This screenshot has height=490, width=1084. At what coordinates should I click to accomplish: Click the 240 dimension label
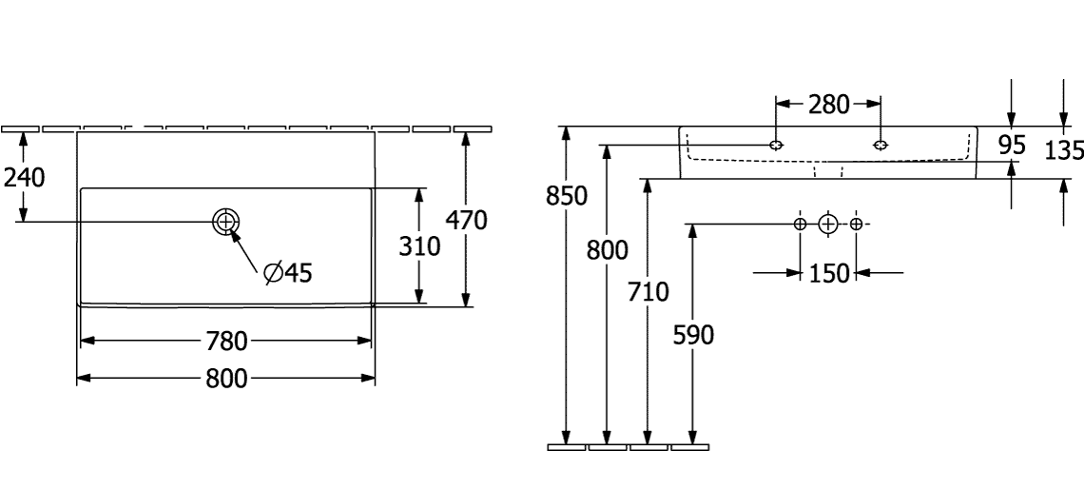point(23,178)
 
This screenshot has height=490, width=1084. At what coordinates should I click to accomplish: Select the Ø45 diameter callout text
point(285,274)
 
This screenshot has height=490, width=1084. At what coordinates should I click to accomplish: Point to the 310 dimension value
point(418,246)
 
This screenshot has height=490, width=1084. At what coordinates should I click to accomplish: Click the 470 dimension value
point(466,221)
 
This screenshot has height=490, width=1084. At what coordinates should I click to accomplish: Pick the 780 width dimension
point(225,341)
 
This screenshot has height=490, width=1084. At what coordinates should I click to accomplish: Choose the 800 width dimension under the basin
point(225,379)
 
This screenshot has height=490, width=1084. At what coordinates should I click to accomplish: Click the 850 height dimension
point(567,196)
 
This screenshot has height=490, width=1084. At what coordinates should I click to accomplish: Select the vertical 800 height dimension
point(608,251)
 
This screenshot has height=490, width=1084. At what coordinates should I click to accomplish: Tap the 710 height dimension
point(648,290)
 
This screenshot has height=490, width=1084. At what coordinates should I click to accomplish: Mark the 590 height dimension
point(693,334)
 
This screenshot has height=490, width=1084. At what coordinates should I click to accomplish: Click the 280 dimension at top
point(828,105)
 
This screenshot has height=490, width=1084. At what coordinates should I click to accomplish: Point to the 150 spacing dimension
point(828,274)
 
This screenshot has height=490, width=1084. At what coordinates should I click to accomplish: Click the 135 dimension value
point(1063,149)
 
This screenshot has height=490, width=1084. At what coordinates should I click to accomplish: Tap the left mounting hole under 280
point(778,146)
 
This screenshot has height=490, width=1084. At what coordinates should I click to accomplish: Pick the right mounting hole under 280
point(881,146)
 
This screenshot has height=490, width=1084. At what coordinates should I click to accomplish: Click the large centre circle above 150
point(828,225)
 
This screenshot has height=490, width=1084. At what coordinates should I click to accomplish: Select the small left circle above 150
point(800,225)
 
